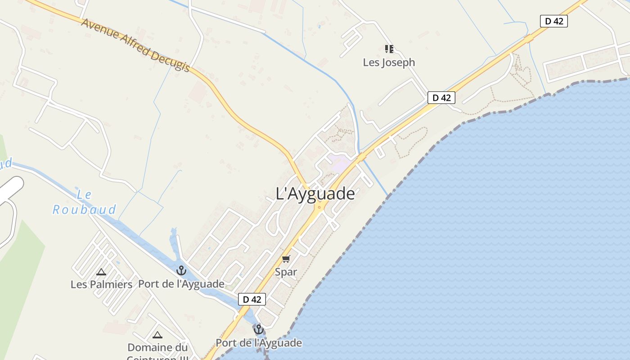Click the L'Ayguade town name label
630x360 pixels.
315,194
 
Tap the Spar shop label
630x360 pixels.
286,272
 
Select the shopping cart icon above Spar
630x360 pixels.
286,259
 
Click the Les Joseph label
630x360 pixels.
389,63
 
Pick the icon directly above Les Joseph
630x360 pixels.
389,49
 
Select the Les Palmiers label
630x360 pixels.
101,284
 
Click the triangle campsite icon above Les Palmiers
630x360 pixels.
101,272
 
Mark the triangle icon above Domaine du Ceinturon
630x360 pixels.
157,335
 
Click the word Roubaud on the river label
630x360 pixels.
84,210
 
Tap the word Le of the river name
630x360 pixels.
84,194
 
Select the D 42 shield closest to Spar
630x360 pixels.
252,299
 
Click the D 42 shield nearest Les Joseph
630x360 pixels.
441,98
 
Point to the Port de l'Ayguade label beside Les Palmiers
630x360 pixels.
181,284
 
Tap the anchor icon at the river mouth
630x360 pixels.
258,330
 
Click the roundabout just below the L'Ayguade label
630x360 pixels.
319,207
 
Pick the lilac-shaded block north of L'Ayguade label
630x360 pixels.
340,162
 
